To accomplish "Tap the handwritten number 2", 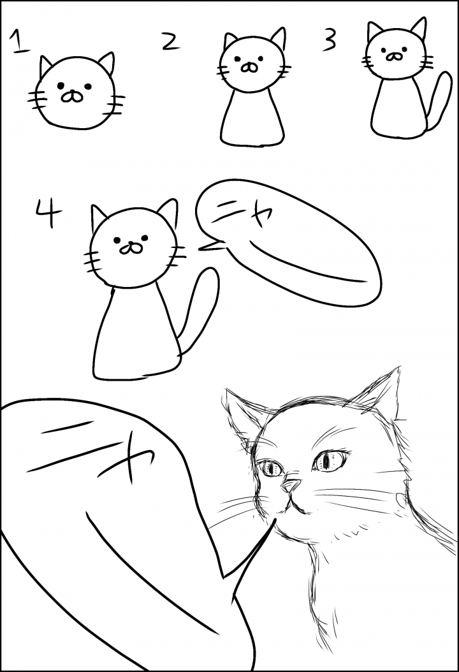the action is pyautogui.click(x=171, y=41).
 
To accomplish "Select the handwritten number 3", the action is pyautogui.click(x=330, y=40).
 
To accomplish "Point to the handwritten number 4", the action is pyautogui.click(x=49, y=214).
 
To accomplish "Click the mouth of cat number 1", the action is pyautogui.click(x=71, y=96).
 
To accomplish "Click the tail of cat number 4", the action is pyautogui.click(x=200, y=309).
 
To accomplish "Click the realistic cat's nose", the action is pyautogui.click(x=292, y=485).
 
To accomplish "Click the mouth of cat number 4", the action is pyautogui.click(x=129, y=248).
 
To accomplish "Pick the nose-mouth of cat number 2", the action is pyautogui.click(x=248, y=67).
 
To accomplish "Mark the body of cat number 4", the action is pyautogui.click(x=136, y=332).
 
